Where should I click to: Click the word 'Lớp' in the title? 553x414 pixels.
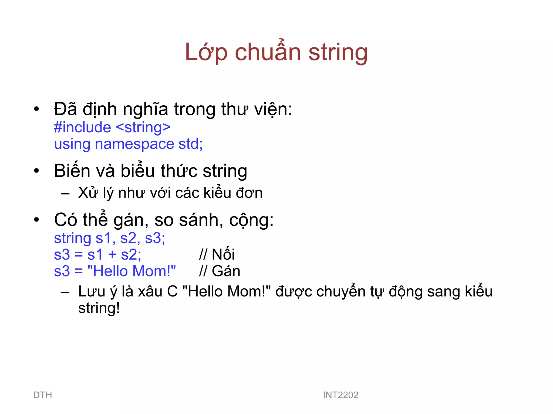point(206,53)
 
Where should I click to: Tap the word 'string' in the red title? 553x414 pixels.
point(338,53)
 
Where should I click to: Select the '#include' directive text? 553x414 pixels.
point(82,127)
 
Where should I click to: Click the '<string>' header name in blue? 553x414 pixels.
point(143,127)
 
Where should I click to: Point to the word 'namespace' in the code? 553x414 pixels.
point(134,144)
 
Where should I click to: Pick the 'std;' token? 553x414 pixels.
point(191,144)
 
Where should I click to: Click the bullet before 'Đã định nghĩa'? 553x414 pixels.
point(36,109)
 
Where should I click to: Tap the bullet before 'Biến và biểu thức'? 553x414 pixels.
point(36,171)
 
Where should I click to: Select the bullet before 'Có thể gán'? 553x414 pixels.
point(36,220)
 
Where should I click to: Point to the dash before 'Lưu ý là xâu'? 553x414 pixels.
point(65,292)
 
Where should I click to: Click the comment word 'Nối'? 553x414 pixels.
point(223,254)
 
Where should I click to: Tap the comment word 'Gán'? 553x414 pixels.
point(226,271)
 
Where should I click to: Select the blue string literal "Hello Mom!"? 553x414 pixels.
point(132,271)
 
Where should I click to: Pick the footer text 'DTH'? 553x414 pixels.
point(43,395)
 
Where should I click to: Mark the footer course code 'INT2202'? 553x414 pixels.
point(340,395)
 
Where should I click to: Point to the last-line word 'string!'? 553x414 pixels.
point(99,308)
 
